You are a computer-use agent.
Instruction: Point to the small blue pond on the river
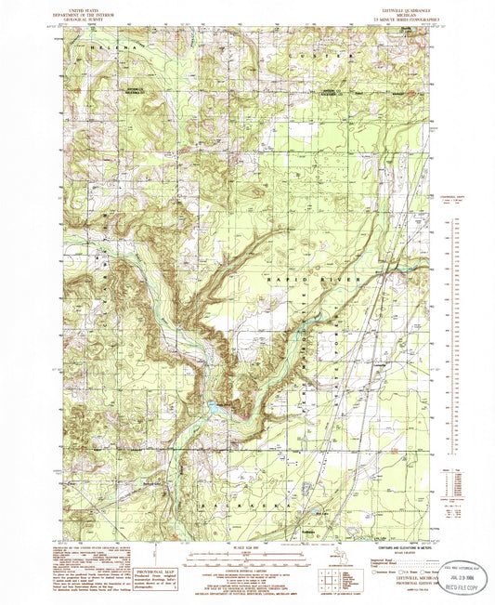point(213,406)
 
